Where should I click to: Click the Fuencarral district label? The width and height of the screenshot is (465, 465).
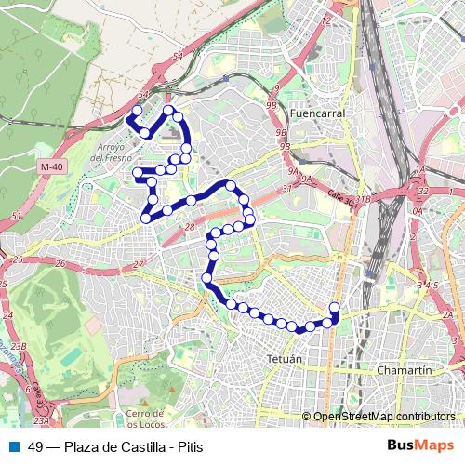coord(318,113)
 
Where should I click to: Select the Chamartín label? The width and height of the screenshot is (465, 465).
coord(405,369)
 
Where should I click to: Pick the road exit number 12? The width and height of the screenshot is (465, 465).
coord(325,19)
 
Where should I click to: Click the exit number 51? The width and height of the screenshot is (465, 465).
coord(16,217)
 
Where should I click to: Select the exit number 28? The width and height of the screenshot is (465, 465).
coord(189,228)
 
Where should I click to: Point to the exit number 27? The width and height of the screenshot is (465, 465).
coord(138,265)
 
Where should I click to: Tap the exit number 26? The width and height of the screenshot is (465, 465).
coord(60,263)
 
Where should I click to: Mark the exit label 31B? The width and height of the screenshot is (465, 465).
coord(364,199)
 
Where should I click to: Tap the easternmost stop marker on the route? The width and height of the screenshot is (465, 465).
coord(335,308)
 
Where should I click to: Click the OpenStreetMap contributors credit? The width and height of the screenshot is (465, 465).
coord(383,417)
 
